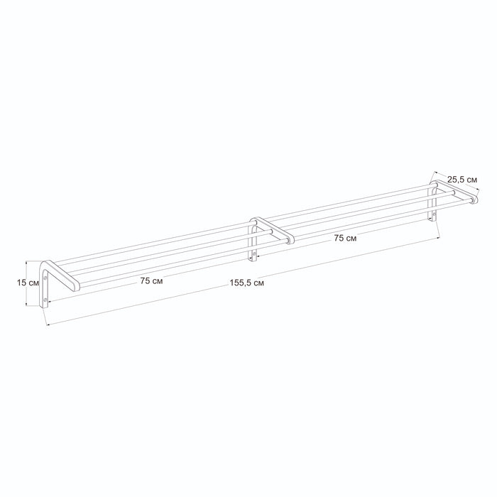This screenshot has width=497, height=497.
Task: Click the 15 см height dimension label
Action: pos(28,283)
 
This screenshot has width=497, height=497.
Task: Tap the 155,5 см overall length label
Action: pos(246,283)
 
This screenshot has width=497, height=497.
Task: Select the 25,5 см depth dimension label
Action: pos(462,180)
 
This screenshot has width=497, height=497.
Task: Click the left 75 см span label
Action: pos(151,281)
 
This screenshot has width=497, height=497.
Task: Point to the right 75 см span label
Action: pos(345,238)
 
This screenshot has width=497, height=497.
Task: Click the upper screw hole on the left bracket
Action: pos(45,278)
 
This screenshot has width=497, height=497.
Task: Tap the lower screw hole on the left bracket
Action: pos(45,299)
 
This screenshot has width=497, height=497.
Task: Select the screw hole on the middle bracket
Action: pos(254,254)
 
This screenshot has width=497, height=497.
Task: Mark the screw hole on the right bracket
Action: pos(434,214)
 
